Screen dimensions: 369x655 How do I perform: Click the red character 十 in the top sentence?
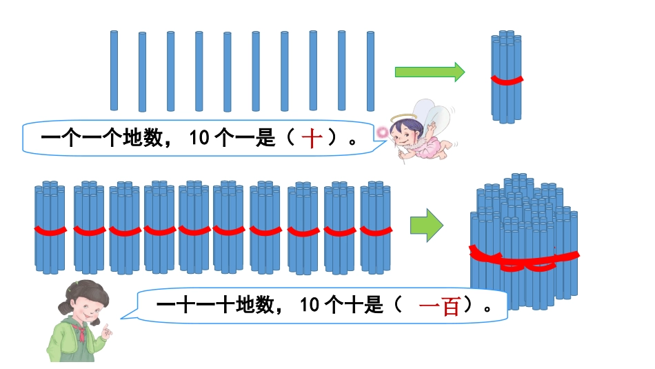click(312, 139)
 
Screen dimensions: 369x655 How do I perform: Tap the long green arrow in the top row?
click(430, 72)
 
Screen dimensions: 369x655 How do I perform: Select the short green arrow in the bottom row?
click(426, 225)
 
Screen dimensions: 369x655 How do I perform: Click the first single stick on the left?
click(114, 70)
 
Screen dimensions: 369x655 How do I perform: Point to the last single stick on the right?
click(370, 71)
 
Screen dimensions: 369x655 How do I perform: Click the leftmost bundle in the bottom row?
click(50, 228)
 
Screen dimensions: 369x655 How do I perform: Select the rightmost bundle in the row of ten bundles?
click(375, 228)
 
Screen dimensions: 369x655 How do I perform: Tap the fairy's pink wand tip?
click(381, 131)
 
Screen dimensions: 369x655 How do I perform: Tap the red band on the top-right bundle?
click(507, 80)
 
